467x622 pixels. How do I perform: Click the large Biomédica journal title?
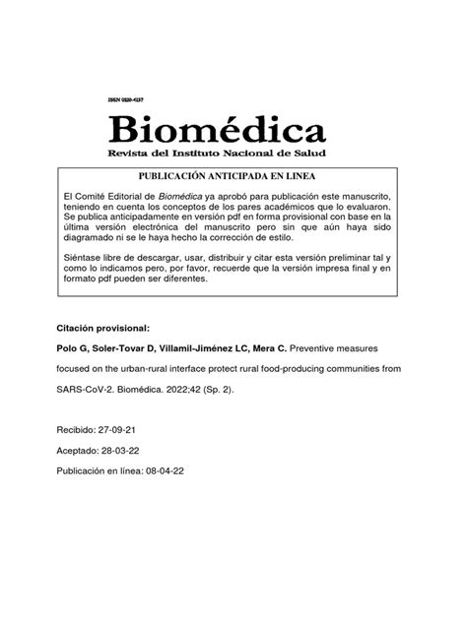[218, 128]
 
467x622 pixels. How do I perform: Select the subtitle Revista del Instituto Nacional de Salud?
[217, 154]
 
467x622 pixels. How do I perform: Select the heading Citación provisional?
[101, 327]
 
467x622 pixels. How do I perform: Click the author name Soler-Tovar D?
[123, 348]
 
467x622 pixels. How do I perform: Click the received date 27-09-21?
[124, 431]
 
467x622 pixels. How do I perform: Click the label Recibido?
[77, 431]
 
